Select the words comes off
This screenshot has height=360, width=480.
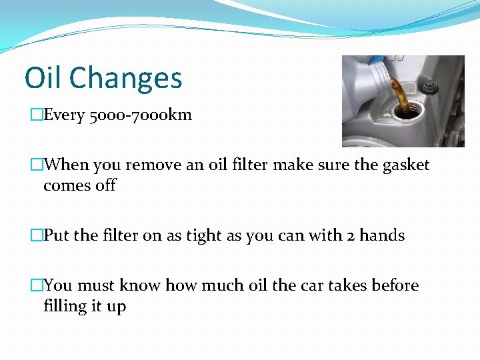79,185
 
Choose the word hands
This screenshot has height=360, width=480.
382,235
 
